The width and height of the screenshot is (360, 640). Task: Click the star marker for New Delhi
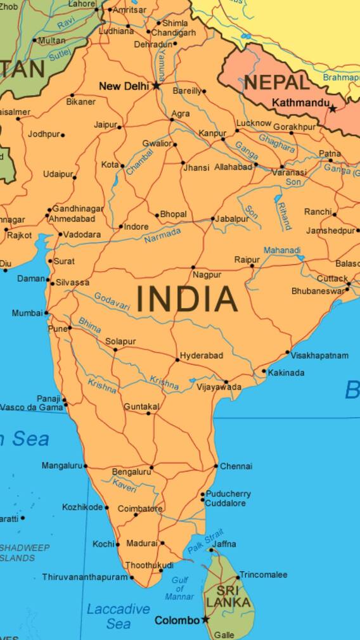(x=156, y=86)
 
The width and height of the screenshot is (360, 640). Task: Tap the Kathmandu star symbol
(x=332, y=109)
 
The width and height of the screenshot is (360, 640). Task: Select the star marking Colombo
(x=205, y=620)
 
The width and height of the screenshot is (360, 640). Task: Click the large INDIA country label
(x=187, y=300)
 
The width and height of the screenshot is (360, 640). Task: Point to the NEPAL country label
(x=277, y=82)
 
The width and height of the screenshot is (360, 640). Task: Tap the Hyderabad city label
(x=202, y=355)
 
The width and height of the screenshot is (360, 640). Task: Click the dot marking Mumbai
(x=46, y=313)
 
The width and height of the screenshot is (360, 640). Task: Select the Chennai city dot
(x=215, y=466)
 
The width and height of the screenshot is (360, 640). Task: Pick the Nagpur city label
(x=207, y=275)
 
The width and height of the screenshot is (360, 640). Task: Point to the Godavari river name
(x=112, y=301)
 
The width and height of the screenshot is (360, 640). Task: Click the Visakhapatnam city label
(x=319, y=355)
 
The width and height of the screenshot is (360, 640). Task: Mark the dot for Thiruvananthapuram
(x=132, y=577)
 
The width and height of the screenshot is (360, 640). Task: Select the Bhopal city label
(x=173, y=214)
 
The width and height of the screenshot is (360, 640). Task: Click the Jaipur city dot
(x=119, y=127)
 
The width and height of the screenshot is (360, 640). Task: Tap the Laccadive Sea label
(x=119, y=616)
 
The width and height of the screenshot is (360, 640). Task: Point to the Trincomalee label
(x=263, y=575)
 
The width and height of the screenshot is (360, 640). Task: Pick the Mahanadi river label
(x=282, y=250)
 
